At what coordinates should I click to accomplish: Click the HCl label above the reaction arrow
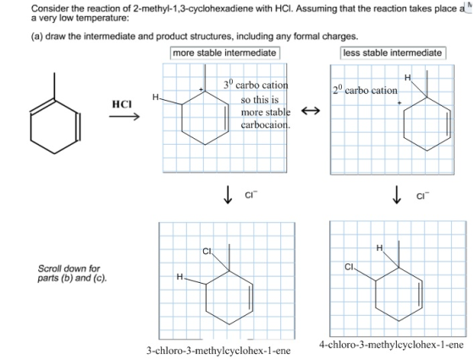point(122,104)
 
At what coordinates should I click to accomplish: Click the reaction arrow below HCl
point(124,117)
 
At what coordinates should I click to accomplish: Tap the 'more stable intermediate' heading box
point(224,53)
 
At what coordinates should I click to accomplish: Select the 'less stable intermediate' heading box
point(393,53)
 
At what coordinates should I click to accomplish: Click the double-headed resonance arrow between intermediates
point(311,111)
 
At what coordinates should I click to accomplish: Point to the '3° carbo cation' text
point(256,85)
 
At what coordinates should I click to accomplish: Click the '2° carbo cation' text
point(365,90)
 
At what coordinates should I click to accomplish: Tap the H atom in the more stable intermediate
point(156,97)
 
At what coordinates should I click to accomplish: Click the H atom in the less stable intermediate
point(408,78)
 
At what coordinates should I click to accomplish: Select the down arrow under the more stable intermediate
point(228,195)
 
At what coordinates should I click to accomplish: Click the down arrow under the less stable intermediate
point(397,195)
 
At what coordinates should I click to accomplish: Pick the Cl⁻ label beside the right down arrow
point(422,196)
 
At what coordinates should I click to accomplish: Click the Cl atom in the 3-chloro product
point(207,251)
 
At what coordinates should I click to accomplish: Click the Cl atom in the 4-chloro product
point(349,267)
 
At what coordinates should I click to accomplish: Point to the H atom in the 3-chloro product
point(179,276)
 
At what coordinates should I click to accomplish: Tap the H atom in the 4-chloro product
point(379,248)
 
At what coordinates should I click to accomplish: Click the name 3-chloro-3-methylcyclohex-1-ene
point(218,351)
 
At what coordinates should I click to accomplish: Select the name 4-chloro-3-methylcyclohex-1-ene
point(391,345)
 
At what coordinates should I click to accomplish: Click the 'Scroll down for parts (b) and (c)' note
point(72,273)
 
